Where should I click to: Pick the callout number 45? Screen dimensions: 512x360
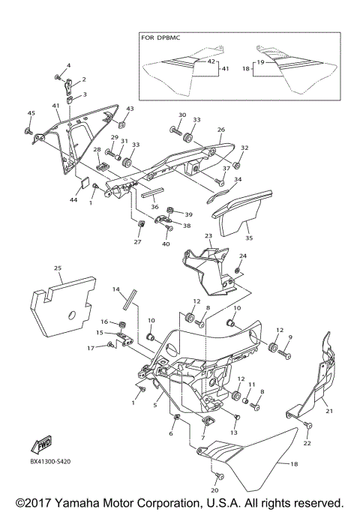[31, 113]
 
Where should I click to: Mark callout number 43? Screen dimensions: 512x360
[130, 109]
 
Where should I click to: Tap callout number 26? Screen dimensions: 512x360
[220, 130]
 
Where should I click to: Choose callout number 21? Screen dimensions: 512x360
[328, 411]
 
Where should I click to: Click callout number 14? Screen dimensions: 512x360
[116, 289]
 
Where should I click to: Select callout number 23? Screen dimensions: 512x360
[208, 236]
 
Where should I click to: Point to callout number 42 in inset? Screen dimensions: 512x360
[211, 61]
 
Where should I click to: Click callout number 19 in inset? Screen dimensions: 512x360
[259, 62]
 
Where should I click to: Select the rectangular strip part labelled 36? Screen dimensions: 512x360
[147, 192]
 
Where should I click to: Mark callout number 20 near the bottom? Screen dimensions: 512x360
[217, 490]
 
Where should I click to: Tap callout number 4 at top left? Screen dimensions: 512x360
[68, 66]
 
